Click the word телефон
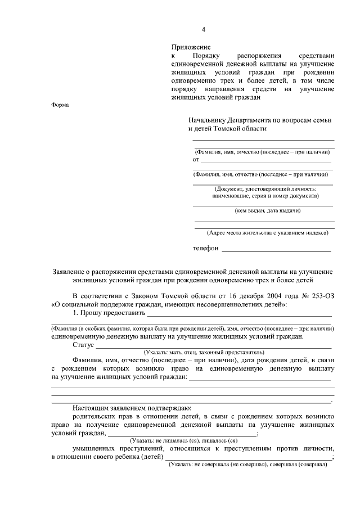pos(205,247)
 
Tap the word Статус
pos(83,345)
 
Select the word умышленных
pos(96,448)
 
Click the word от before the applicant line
pos(196,160)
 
